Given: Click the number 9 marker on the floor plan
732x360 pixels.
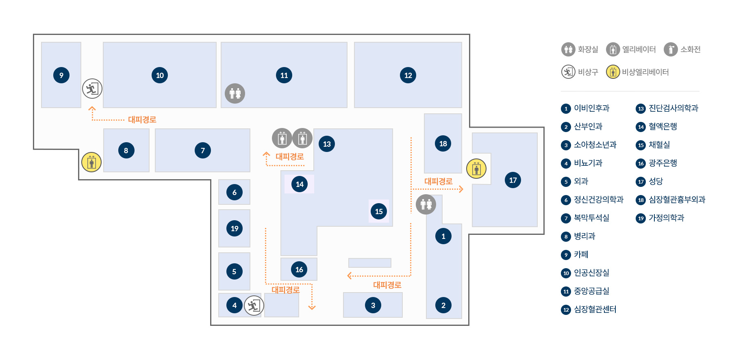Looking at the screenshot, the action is [61, 75].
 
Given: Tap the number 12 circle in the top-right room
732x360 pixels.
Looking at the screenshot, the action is [408, 75].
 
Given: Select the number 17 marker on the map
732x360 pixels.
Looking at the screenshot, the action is [513, 180].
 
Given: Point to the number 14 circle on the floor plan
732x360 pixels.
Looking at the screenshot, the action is [300, 184].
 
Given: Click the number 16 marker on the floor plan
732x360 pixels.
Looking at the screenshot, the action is [299, 269].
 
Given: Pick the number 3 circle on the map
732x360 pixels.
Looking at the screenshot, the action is [373, 305].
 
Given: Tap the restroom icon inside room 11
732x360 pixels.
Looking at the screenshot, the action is [235, 93].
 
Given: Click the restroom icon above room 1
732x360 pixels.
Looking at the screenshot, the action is [426, 204].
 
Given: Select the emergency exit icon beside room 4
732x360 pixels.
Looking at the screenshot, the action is [254, 306].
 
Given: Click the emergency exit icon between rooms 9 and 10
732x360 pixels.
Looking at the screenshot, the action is [92, 89].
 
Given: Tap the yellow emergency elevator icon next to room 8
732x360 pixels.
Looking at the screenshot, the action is [91, 162].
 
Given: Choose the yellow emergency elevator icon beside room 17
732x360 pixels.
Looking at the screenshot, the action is [476, 169].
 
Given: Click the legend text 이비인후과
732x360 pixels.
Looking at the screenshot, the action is [592, 108].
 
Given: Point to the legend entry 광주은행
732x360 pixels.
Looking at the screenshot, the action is [663, 163].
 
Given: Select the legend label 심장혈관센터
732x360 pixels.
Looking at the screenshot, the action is [595, 309].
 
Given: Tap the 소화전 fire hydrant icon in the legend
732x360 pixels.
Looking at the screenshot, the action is [671, 50].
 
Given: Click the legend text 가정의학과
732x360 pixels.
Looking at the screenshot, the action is [667, 218].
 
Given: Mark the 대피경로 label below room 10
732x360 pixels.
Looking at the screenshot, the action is [142, 119].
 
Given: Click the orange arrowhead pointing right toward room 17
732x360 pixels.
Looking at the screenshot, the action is [461, 189].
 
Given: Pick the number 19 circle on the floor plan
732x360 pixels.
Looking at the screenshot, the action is [235, 228].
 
